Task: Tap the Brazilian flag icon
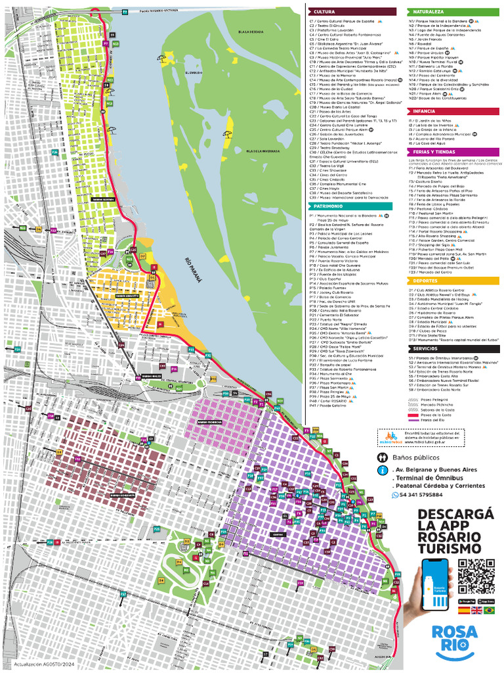[489, 611]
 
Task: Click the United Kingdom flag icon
[476, 611]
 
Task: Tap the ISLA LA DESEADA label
[251, 32]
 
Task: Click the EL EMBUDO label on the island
[194, 73]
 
